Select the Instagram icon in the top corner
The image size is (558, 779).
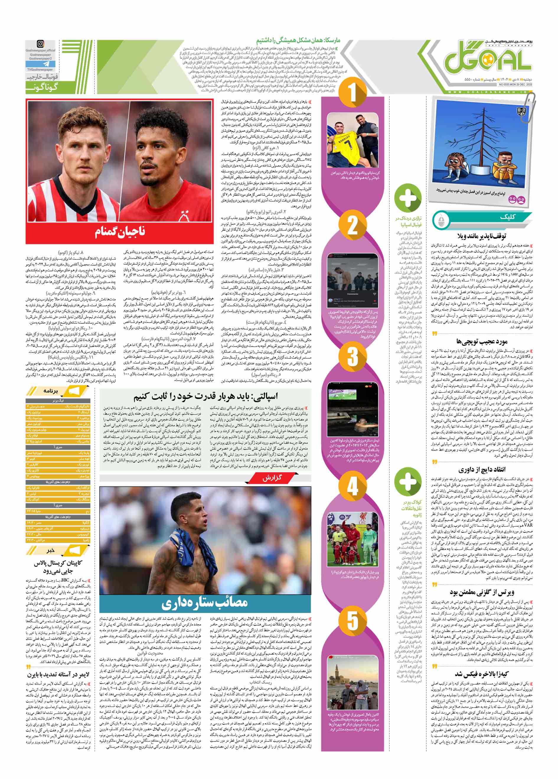coord(40,44)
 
